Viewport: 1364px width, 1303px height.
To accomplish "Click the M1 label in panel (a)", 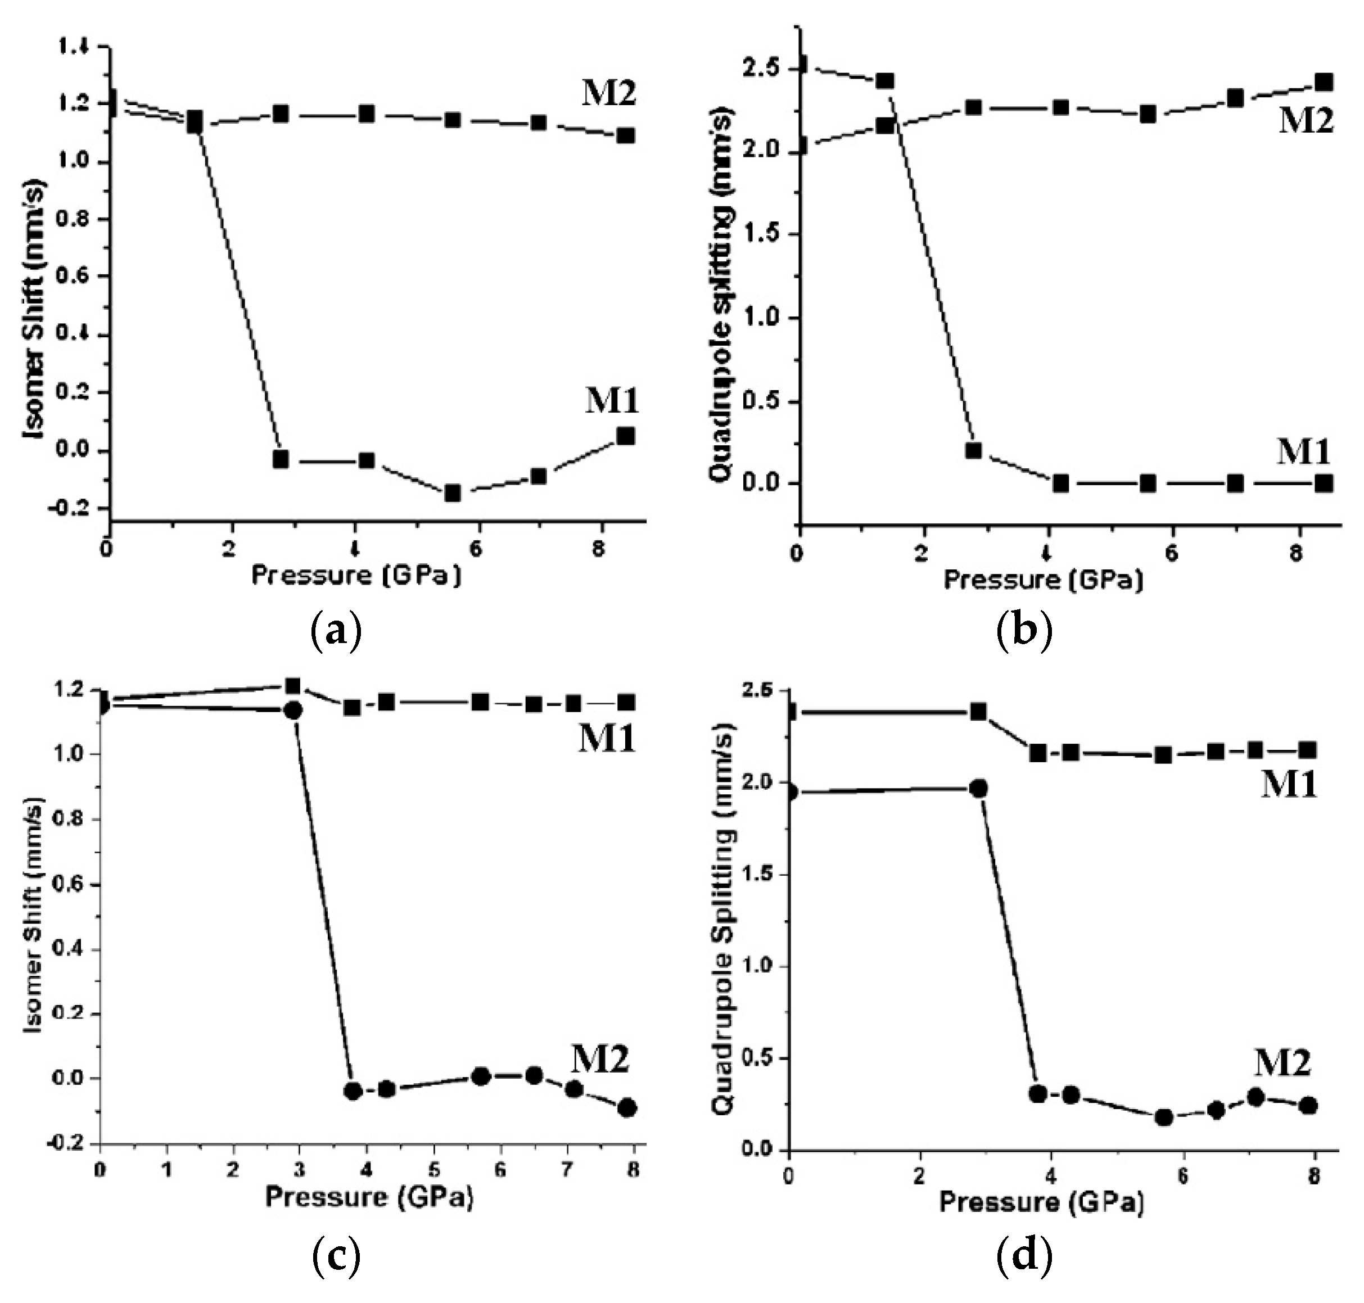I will (612, 401).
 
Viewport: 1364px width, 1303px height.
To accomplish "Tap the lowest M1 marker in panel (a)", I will (453, 493).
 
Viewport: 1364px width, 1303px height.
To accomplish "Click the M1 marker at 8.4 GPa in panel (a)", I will (625, 436).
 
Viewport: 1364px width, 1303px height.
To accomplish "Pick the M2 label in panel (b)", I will (1306, 121).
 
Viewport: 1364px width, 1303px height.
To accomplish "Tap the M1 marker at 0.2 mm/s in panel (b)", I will (973, 450).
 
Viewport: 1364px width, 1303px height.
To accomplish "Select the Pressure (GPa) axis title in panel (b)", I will (1042, 578).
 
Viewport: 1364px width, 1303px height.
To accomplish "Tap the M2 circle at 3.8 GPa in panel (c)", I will (353, 1091).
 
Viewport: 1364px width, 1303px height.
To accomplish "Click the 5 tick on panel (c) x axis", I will (433, 1170).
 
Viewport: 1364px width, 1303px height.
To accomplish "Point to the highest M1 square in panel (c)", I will (292, 686).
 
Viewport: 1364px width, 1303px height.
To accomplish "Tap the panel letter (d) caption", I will (1025, 1256).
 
